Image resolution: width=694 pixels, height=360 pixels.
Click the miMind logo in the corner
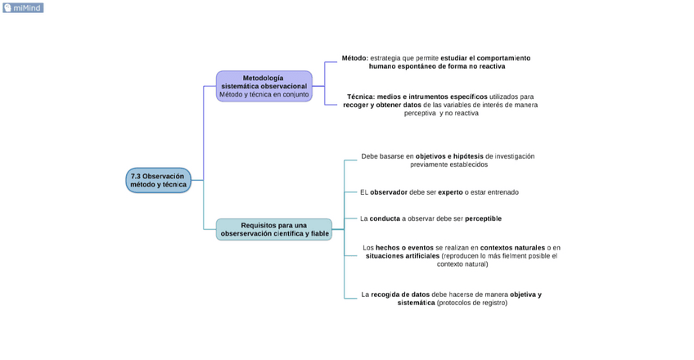coord(23,8)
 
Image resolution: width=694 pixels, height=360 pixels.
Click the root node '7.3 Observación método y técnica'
coord(158,181)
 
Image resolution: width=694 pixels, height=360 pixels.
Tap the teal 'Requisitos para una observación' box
coord(274,229)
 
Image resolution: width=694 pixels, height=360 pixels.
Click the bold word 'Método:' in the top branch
coord(355,58)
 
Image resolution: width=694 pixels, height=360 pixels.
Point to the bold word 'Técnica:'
coord(360,97)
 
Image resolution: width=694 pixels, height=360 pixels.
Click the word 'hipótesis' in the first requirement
coord(467,156)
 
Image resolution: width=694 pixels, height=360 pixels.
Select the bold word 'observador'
coord(388,192)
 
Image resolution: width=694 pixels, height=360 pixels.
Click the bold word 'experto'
coord(450,192)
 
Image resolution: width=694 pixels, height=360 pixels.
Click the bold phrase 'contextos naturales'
coord(512,247)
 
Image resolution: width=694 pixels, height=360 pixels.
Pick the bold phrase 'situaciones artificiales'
coord(402,255)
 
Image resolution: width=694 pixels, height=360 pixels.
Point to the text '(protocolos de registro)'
coord(472,303)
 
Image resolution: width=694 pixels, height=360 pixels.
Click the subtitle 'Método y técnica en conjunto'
coord(264,94)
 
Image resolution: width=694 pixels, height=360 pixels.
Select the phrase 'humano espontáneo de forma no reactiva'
coord(436,66)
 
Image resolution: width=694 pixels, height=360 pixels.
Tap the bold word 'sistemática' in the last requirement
coord(416,303)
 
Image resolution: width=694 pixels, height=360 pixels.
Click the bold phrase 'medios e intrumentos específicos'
coord(432,97)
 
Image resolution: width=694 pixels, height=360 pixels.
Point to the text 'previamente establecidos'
coord(448,164)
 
